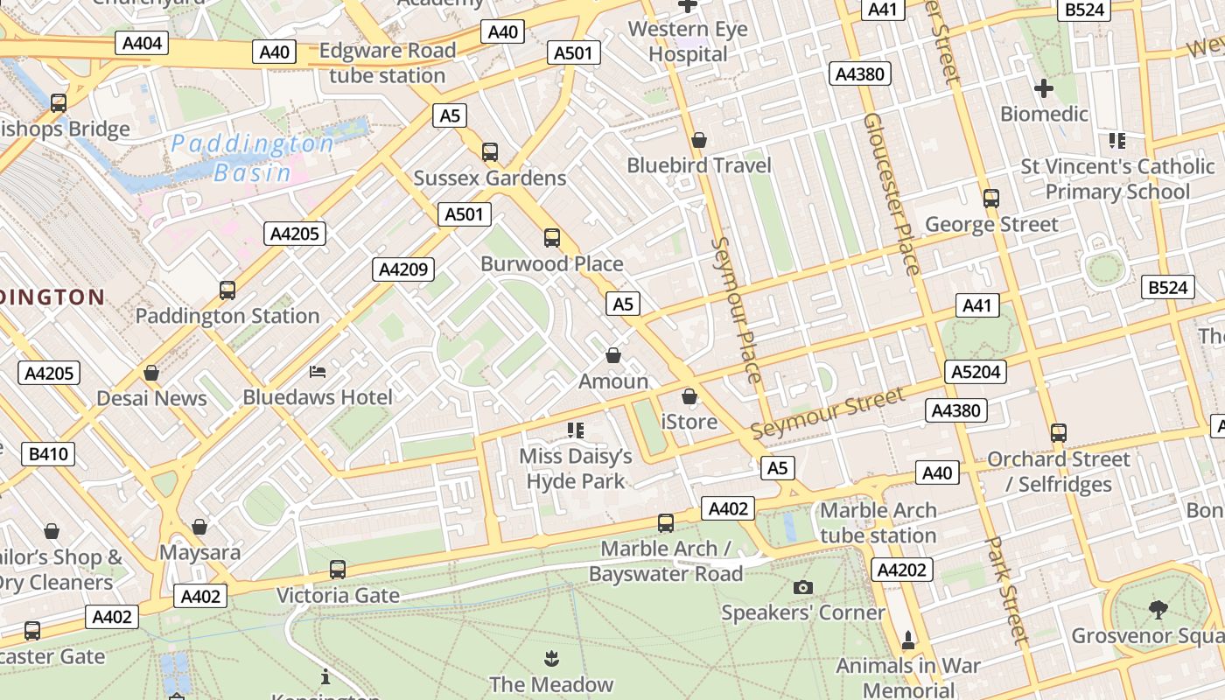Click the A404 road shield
pos(141,44)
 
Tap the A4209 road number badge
pos(403,269)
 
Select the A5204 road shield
pos(976,372)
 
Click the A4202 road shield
pos(901,570)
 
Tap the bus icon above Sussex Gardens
pos(490,152)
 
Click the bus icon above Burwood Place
pos(552,238)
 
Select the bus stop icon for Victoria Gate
pos(338,570)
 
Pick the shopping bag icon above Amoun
pos(613,356)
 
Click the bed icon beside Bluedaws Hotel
pos(318,372)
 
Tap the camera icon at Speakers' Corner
pos(803,587)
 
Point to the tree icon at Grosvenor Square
pos(1158,609)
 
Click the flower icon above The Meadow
pos(551,658)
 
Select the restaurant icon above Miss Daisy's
pos(576,430)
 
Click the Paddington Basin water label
pos(252,157)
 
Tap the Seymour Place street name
pos(736,310)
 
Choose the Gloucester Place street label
pos(891,194)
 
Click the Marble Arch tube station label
pos(878,522)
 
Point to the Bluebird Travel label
pos(699,165)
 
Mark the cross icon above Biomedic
pos(1044,88)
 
